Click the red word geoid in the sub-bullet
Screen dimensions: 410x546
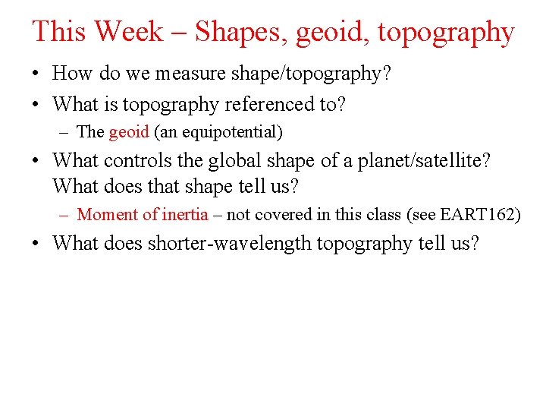point(129,133)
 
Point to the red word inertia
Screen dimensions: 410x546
point(185,215)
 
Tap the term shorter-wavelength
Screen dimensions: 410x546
point(229,244)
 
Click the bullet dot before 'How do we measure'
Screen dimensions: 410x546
point(36,74)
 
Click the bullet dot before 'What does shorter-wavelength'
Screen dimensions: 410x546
point(36,244)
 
